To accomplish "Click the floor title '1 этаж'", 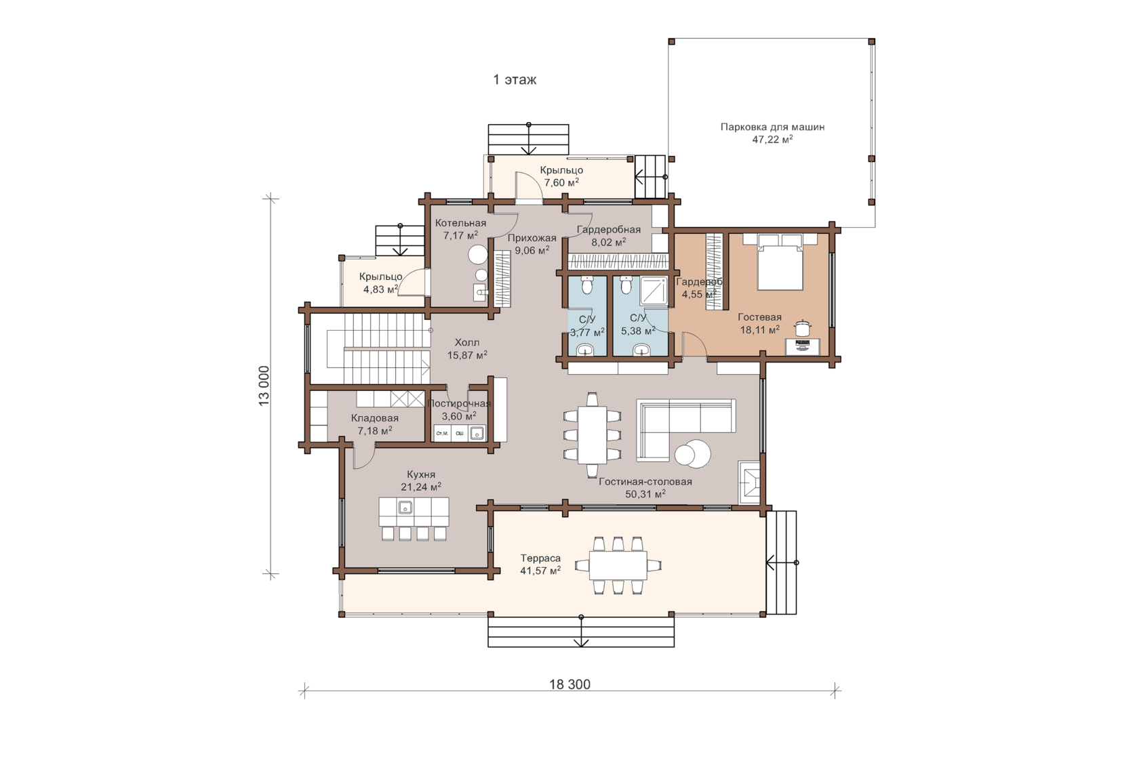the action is (x=515, y=80).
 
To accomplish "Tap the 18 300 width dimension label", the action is (x=569, y=684).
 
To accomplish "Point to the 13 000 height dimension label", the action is (x=264, y=386).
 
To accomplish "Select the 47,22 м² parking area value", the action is (x=772, y=140).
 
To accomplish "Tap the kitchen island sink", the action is (x=405, y=507).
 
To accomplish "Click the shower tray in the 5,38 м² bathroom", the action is (x=654, y=291).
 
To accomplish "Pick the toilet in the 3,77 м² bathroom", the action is (x=587, y=286).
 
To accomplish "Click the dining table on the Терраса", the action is (x=618, y=565).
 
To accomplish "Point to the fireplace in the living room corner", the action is (x=749, y=482).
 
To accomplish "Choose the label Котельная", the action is (x=461, y=223).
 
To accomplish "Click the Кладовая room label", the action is (x=375, y=418).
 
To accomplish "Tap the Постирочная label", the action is (x=459, y=404).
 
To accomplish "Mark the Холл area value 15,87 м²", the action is (x=467, y=355).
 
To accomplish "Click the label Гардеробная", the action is (x=609, y=229).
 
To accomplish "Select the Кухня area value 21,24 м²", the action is (x=421, y=487).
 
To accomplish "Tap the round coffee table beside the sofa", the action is (x=693, y=453).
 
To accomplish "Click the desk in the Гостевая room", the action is (x=803, y=347).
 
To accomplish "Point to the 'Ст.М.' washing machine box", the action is (x=442, y=433).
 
